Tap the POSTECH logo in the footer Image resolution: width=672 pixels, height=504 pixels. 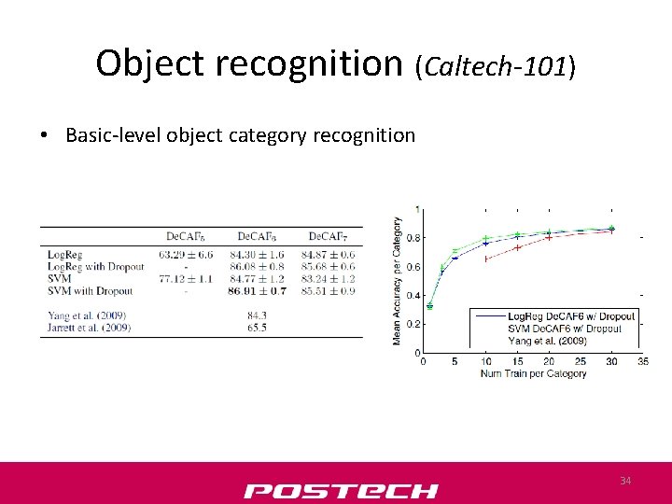[341, 491]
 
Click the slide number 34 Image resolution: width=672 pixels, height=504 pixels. [625, 481]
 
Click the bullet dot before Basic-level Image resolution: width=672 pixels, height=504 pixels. [45, 136]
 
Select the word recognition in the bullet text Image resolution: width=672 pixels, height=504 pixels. [364, 135]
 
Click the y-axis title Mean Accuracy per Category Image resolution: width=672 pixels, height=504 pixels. [398, 281]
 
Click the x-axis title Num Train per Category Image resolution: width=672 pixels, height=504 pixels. [532, 373]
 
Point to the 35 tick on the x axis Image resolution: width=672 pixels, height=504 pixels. [642, 361]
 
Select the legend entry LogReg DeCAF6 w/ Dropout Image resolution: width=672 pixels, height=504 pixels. [571, 316]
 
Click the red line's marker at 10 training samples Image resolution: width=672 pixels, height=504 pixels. [486, 259]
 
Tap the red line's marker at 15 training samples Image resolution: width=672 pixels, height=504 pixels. [517, 247]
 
